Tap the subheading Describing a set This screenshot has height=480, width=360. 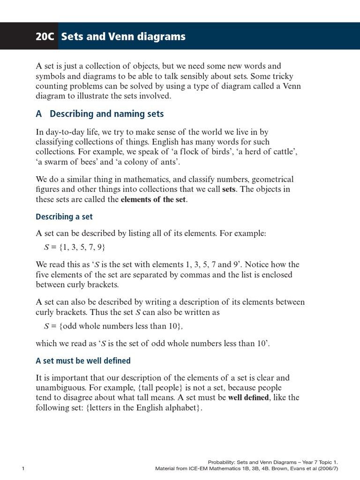tap(64, 217)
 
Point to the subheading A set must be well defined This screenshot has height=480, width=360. tap(83, 360)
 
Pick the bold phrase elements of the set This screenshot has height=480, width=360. tap(154, 199)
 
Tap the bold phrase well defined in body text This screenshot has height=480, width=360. tap(250, 397)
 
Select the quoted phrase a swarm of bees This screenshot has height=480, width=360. tap(65, 162)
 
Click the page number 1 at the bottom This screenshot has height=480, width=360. tap(23, 468)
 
